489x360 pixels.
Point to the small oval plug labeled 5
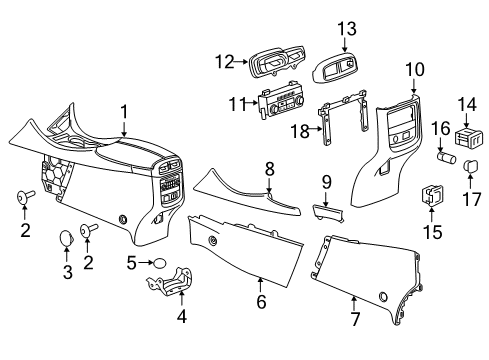pyautogui.click(x=160, y=263)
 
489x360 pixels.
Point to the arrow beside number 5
pyautogui.click(x=145, y=263)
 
